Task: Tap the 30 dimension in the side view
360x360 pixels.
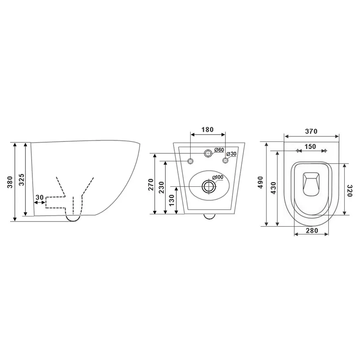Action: pyautogui.click(x=39, y=197)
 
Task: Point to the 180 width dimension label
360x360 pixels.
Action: pyautogui.click(x=207, y=130)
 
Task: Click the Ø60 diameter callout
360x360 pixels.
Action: pyautogui.click(x=219, y=150)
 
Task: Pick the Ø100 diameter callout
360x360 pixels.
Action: pyautogui.click(x=217, y=177)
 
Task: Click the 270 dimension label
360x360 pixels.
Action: pyautogui.click(x=150, y=185)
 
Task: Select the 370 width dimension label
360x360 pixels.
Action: pyautogui.click(x=311, y=131)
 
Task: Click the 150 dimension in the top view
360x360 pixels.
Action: pyautogui.click(x=310, y=147)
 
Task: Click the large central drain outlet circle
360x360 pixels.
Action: pyautogui.click(x=208, y=186)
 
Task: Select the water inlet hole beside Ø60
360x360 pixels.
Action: pyautogui.click(x=208, y=153)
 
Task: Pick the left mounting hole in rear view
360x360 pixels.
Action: pyautogui.click(x=190, y=161)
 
